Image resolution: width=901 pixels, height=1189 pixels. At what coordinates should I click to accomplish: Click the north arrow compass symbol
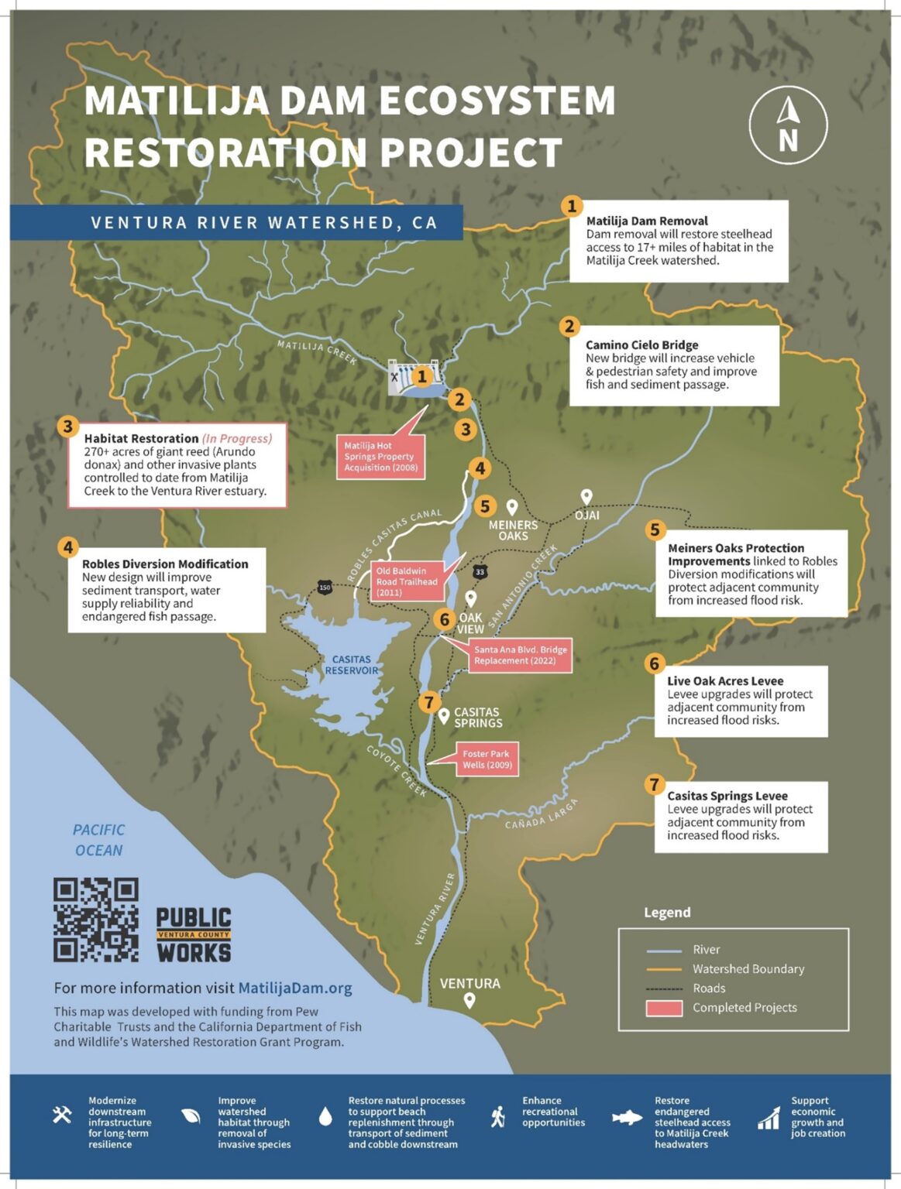pos(787,125)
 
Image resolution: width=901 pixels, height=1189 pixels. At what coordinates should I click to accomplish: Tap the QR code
pos(95,920)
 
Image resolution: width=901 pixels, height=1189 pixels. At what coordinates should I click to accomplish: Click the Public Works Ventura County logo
pos(193,934)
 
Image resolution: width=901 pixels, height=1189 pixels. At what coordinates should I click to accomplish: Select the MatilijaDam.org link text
pos(294,988)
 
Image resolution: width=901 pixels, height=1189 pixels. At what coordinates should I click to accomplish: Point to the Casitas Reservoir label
pos(351,665)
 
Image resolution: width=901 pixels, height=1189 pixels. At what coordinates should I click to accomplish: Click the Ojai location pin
pos(586,497)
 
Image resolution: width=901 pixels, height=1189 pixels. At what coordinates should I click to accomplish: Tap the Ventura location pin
pos(469,1001)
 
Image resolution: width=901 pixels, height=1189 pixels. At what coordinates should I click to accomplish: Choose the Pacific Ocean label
pos(98,840)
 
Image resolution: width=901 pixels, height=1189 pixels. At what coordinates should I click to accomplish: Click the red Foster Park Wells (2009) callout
pos(487,759)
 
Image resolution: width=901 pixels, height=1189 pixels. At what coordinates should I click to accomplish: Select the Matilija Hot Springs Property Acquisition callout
pos(380,457)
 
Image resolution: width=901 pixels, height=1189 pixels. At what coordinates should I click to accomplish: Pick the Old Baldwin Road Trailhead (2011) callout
pos(407,581)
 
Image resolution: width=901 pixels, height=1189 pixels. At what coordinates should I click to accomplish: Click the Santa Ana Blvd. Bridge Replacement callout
pos(520,655)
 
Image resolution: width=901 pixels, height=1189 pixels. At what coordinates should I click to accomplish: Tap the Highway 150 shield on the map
pos(324,588)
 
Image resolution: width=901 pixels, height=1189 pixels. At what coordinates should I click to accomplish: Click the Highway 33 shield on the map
pos(480,572)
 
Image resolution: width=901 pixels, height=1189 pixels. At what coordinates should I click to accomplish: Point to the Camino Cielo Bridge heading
pos(641,344)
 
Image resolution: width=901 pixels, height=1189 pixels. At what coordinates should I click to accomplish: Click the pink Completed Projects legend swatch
pos(664,1008)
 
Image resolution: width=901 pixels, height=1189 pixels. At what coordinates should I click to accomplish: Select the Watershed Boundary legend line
pos(664,969)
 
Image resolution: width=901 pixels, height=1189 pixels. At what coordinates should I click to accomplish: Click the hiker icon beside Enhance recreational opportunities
pos(498,1116)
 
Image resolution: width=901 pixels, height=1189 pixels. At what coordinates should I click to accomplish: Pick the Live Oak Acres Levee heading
pos(725,681)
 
